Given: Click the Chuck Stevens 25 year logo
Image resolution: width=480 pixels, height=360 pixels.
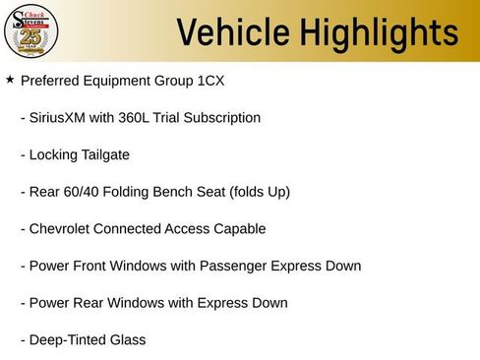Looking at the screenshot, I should click(31, 30).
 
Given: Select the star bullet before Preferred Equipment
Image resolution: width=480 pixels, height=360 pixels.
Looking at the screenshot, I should click(10, 79).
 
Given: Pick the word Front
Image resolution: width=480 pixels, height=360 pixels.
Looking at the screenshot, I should click(93, 266).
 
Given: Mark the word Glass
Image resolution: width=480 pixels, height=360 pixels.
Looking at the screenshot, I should click(127, 340).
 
